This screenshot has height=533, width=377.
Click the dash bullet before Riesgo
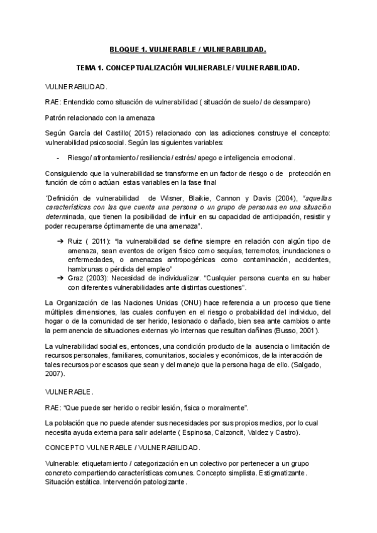click(58, 158)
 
